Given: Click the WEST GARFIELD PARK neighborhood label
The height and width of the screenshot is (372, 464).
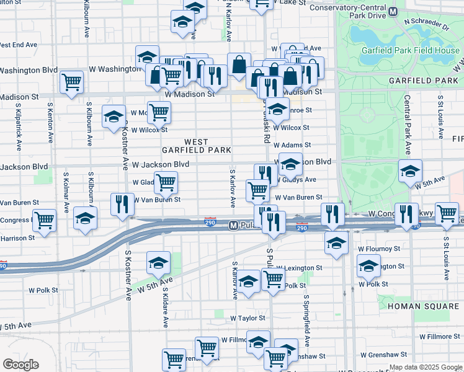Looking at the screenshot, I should click(x=196, y=146).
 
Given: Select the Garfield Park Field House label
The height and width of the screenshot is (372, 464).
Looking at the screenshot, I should click(x=404, y=50).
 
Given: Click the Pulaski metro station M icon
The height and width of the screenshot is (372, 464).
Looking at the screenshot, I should click(x=234, y=225).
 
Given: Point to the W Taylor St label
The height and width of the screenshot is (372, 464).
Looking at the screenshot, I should click(x=247, y=318).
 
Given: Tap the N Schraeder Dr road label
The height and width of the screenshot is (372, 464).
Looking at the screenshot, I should click(x=426, y=24).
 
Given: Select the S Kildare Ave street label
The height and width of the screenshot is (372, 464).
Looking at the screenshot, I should click(x=166, y=306).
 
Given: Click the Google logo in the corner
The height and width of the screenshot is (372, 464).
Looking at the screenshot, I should click(x=21, y=365).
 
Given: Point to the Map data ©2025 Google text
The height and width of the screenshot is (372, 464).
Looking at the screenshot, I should click(x=426, y=368).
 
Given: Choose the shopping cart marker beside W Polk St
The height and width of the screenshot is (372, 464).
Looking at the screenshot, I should click(x=273, y=280).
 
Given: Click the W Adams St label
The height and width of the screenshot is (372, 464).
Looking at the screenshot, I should click(x=292, y=145).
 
